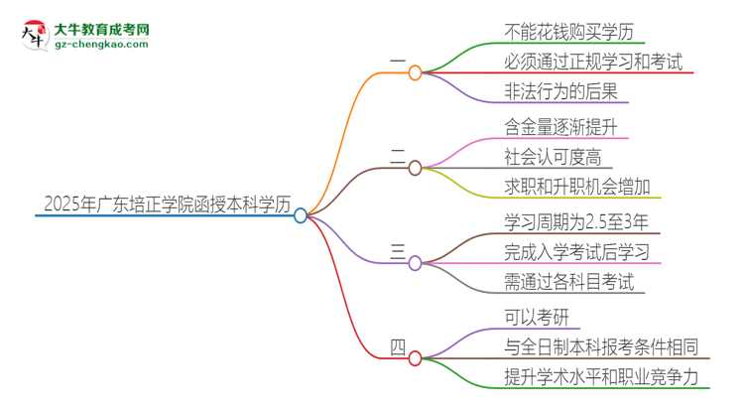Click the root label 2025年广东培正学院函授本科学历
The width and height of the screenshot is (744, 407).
click(167, 204)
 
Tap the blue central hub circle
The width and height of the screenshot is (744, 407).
click(302, 214)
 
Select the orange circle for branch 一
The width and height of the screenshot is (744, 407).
click(415, 72)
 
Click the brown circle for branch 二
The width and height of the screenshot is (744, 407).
click(415, 167)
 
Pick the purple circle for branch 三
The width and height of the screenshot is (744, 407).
click(415, 262)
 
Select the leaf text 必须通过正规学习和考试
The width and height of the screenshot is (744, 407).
click(593, 62)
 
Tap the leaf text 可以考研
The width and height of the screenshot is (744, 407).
click(537, 315)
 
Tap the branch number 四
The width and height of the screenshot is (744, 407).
click(397, 346)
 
